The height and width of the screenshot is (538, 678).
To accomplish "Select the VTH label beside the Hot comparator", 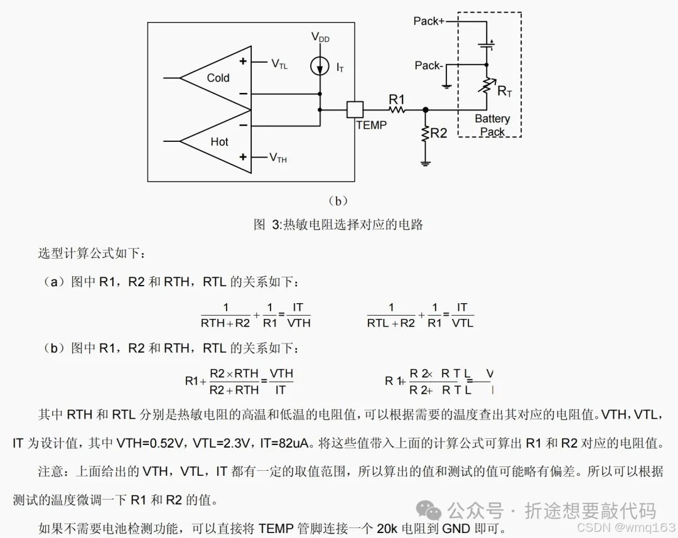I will point(278,158).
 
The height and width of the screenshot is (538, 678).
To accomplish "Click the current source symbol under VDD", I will point(320,65).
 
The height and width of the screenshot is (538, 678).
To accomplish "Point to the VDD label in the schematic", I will point(320,38).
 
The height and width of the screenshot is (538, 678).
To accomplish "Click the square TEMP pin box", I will point(355,109).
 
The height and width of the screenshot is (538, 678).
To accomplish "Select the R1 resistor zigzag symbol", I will point(397,109).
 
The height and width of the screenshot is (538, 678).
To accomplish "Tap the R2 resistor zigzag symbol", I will point(425,133).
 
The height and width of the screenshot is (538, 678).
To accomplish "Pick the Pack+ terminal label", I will point(429,21).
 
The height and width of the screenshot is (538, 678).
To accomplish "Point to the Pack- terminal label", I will point(429,65).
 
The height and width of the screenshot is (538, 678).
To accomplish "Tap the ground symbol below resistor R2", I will point(425,163).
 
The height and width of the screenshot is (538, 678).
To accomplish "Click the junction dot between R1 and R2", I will point(425,109).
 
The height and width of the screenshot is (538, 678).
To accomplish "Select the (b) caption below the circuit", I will point(338,201).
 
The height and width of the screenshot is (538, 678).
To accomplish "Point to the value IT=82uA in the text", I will point(284,443).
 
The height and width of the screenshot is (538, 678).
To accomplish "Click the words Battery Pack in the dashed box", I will point(492,125).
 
